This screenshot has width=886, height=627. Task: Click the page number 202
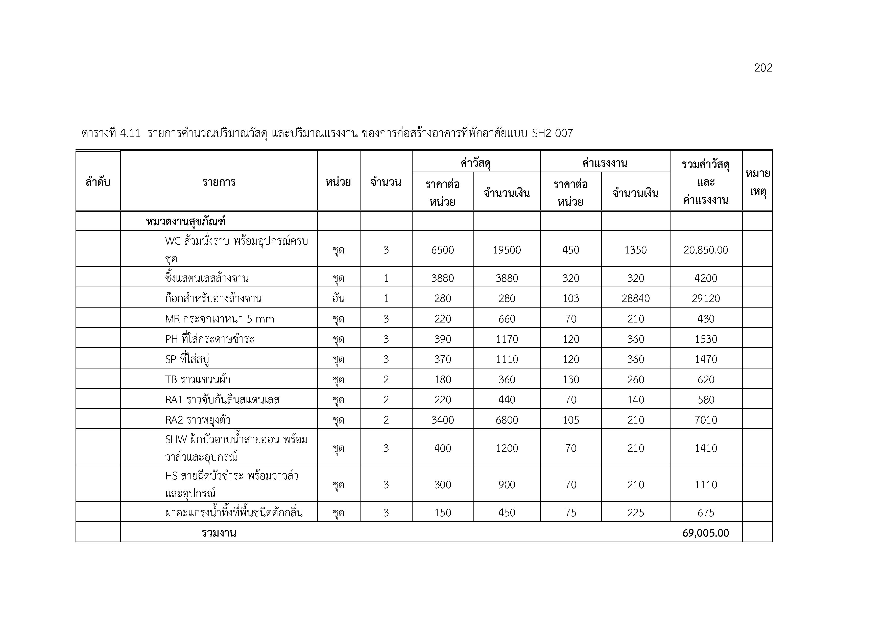click(763, 68)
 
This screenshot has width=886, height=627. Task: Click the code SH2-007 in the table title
click(552, 133)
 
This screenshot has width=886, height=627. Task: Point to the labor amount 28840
click(635, 298)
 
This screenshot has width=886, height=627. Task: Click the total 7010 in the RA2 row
click(705, 420)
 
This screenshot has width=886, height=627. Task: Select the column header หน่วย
click(338, 182)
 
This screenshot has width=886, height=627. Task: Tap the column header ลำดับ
click(98, 182)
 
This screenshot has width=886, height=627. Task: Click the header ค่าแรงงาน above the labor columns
click(605, 163)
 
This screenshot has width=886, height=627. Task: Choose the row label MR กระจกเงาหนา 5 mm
click(220, 319)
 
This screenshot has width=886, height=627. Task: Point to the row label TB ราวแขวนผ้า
click(198, 380)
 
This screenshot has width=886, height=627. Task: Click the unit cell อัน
click(338, 298)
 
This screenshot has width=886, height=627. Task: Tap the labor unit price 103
click(570, 298)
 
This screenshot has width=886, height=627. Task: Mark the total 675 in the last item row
click(705, 513)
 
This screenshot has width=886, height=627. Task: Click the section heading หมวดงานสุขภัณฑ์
click(186, 222)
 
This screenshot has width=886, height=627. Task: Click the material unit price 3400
click(442, 420)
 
